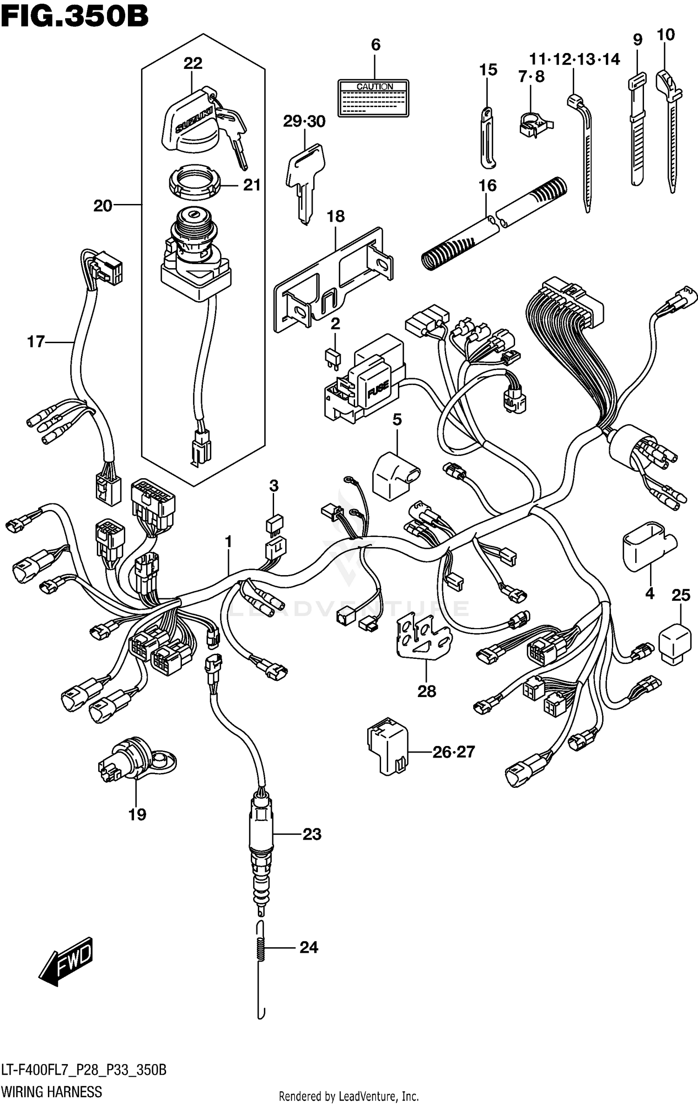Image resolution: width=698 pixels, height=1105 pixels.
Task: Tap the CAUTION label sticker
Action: tap(374, 98)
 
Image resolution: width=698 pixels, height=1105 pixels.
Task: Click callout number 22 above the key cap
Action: tap(193, 63)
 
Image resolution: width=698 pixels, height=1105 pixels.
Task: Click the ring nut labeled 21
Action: tap(195, 184)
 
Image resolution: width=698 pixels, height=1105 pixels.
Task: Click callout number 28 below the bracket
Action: tap(426, 691)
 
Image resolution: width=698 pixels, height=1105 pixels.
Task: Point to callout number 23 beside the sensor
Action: tap(312, 834)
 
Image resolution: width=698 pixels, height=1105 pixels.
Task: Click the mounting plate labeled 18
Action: tap(333, 279)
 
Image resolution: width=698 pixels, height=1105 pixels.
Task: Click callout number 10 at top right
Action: tap(665, 35)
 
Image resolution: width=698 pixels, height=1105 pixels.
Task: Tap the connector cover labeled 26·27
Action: tap(387, 747)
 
